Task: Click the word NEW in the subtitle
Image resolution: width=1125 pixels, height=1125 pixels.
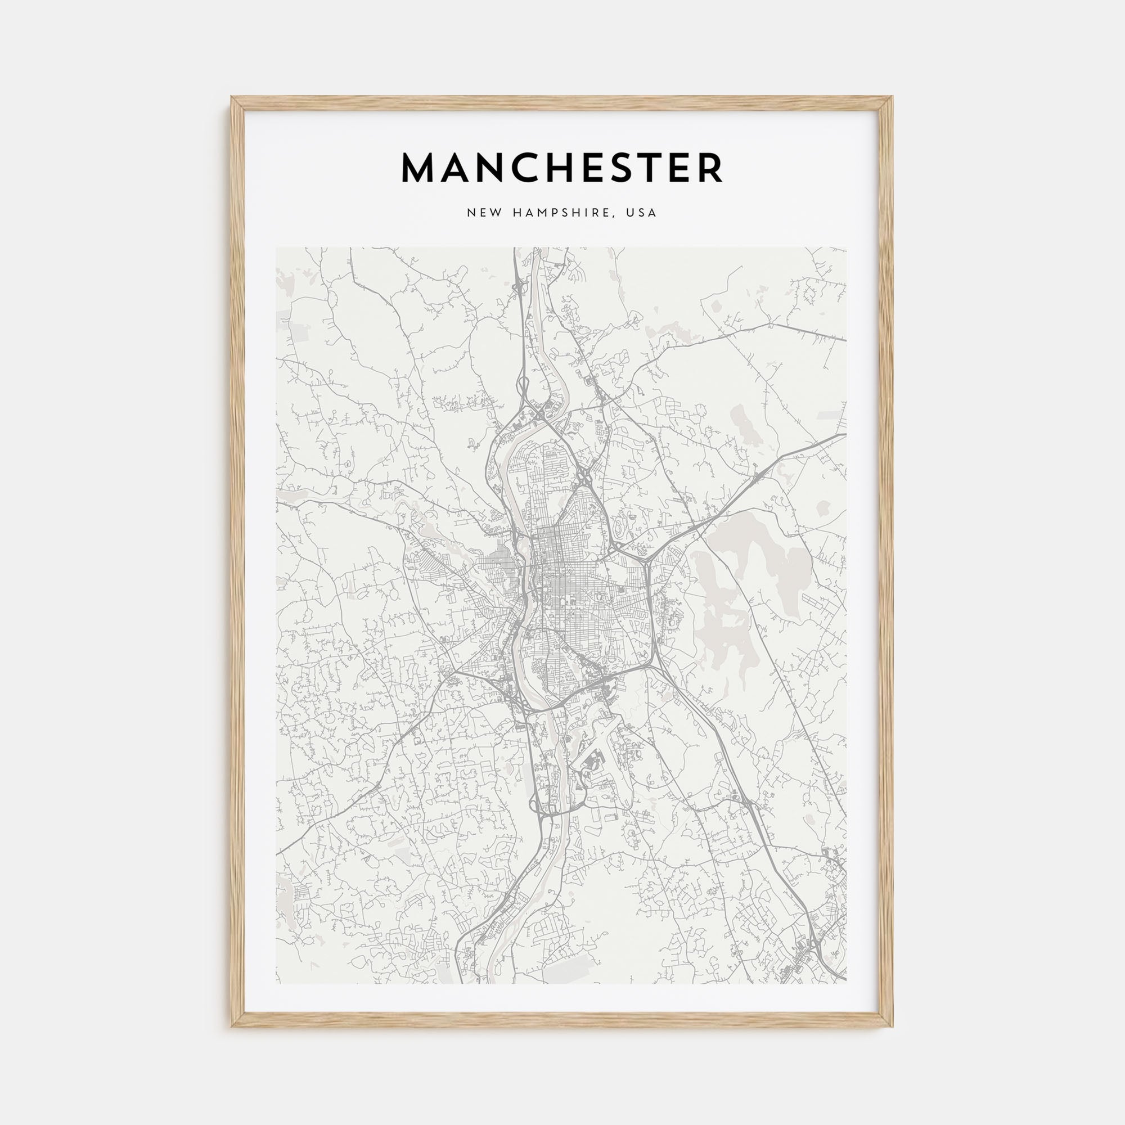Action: pyautogui.click(x=483, y=213)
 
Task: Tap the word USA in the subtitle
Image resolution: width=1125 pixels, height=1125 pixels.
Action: pyautogui.click(x=641, y=213)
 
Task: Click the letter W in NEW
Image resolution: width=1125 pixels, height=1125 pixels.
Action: pyautogui.click(x=494, y=213)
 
